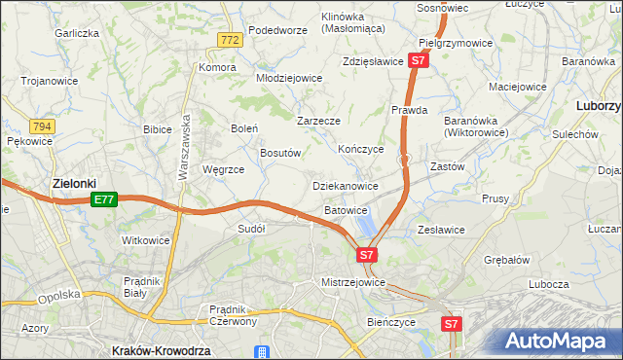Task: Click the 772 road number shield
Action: coord(229,40)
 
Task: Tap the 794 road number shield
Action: coord(41,126)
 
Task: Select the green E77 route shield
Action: coord(105,199)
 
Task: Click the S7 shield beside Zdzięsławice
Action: coord(418,60)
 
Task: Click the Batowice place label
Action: coord(346,209)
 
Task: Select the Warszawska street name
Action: coord(182,151)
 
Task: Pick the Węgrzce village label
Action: coord(223,168)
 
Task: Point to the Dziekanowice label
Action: coord(345,185)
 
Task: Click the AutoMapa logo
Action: coord(559,341)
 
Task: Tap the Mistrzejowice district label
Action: coord(353,282)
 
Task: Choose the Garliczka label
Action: coord(78,33)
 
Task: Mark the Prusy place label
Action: coord(495,198)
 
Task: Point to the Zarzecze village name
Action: coord(318,122)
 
